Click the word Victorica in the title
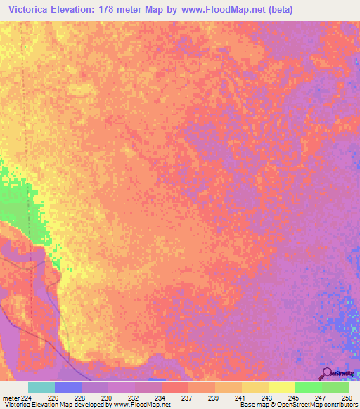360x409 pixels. click(30, 10)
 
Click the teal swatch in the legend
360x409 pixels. click(41, 387)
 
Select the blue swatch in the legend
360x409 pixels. click(68, 387)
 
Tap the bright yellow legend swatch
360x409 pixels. click(282, 387)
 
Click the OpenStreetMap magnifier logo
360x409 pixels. click(327, 374)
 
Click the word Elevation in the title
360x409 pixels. click(78, 10)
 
